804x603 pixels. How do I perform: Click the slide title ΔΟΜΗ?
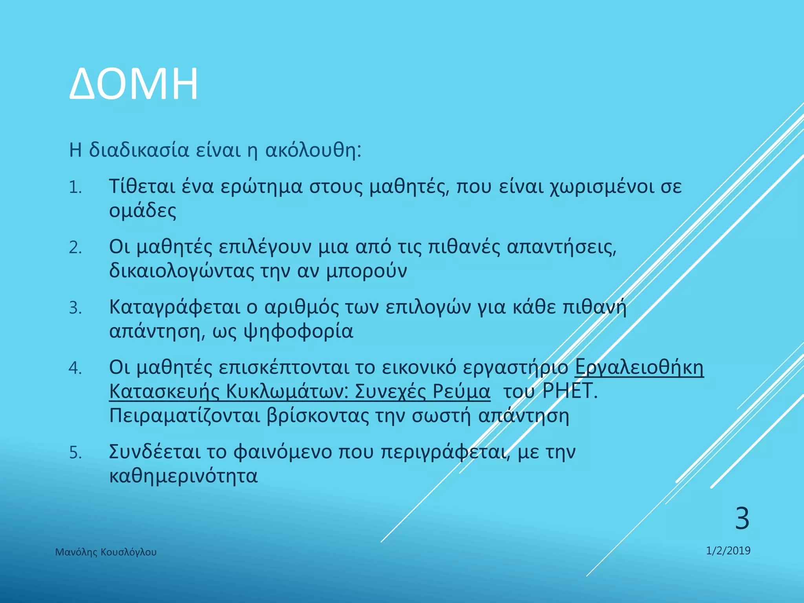(133, 84)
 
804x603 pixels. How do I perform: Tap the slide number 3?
(742, 519)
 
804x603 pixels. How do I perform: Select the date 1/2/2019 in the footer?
(728, 551)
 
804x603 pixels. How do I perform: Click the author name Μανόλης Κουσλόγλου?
(106, 552)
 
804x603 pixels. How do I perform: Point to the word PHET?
(569, 391)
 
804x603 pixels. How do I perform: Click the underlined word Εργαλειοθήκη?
(639, 367)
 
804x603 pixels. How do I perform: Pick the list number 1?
(75, 188)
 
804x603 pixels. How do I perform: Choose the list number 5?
(75, 453)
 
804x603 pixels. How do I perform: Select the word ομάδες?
(143, 211)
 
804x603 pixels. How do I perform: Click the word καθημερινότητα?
(183, 476)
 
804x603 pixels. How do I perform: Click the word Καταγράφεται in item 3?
(174, 307)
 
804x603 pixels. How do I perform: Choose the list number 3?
(75, 308)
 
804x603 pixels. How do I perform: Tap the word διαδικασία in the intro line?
(139, 150)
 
